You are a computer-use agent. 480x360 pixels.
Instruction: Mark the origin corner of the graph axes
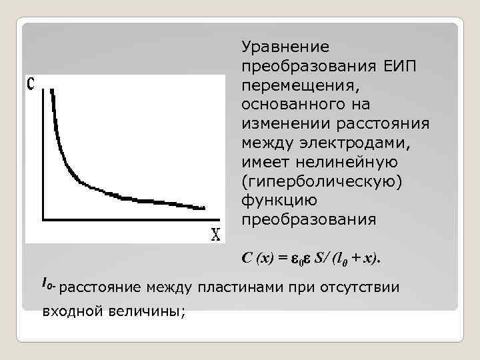coord(44,218)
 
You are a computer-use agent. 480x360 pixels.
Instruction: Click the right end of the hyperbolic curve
coord(204,208)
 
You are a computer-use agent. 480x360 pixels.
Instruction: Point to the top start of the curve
coord(51,89)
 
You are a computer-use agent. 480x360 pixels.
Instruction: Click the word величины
coord(144,311)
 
